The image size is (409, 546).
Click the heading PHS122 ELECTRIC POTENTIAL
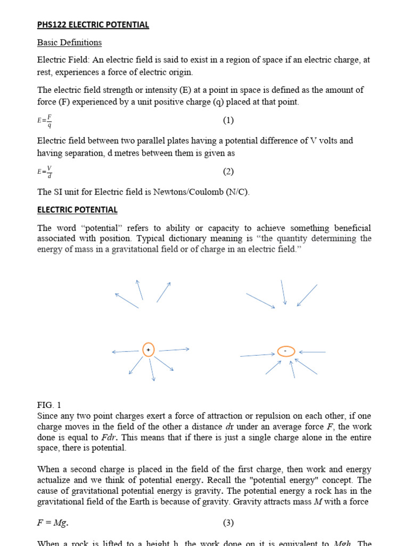tap(93, 25)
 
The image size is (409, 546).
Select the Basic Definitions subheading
tap(69, 42)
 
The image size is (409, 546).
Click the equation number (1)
tap(228, 121)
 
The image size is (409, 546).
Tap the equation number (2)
tap(228, 172)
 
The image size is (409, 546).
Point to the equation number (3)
tap(228, 523)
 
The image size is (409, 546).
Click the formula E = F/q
tap(45, 121)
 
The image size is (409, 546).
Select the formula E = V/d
tap(45, 172)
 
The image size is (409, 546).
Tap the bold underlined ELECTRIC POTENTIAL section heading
tap(77, 210)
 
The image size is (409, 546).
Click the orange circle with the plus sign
tap(148, 350)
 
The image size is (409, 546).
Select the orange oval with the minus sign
tap(286, 351)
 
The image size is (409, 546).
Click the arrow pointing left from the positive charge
tap(126, 352)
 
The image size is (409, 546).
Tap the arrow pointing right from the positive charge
tap(174, 350)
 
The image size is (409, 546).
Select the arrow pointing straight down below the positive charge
tap(152, 369)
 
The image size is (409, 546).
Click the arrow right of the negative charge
tap(312, 352)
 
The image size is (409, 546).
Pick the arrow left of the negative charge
tap(258, 355)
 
